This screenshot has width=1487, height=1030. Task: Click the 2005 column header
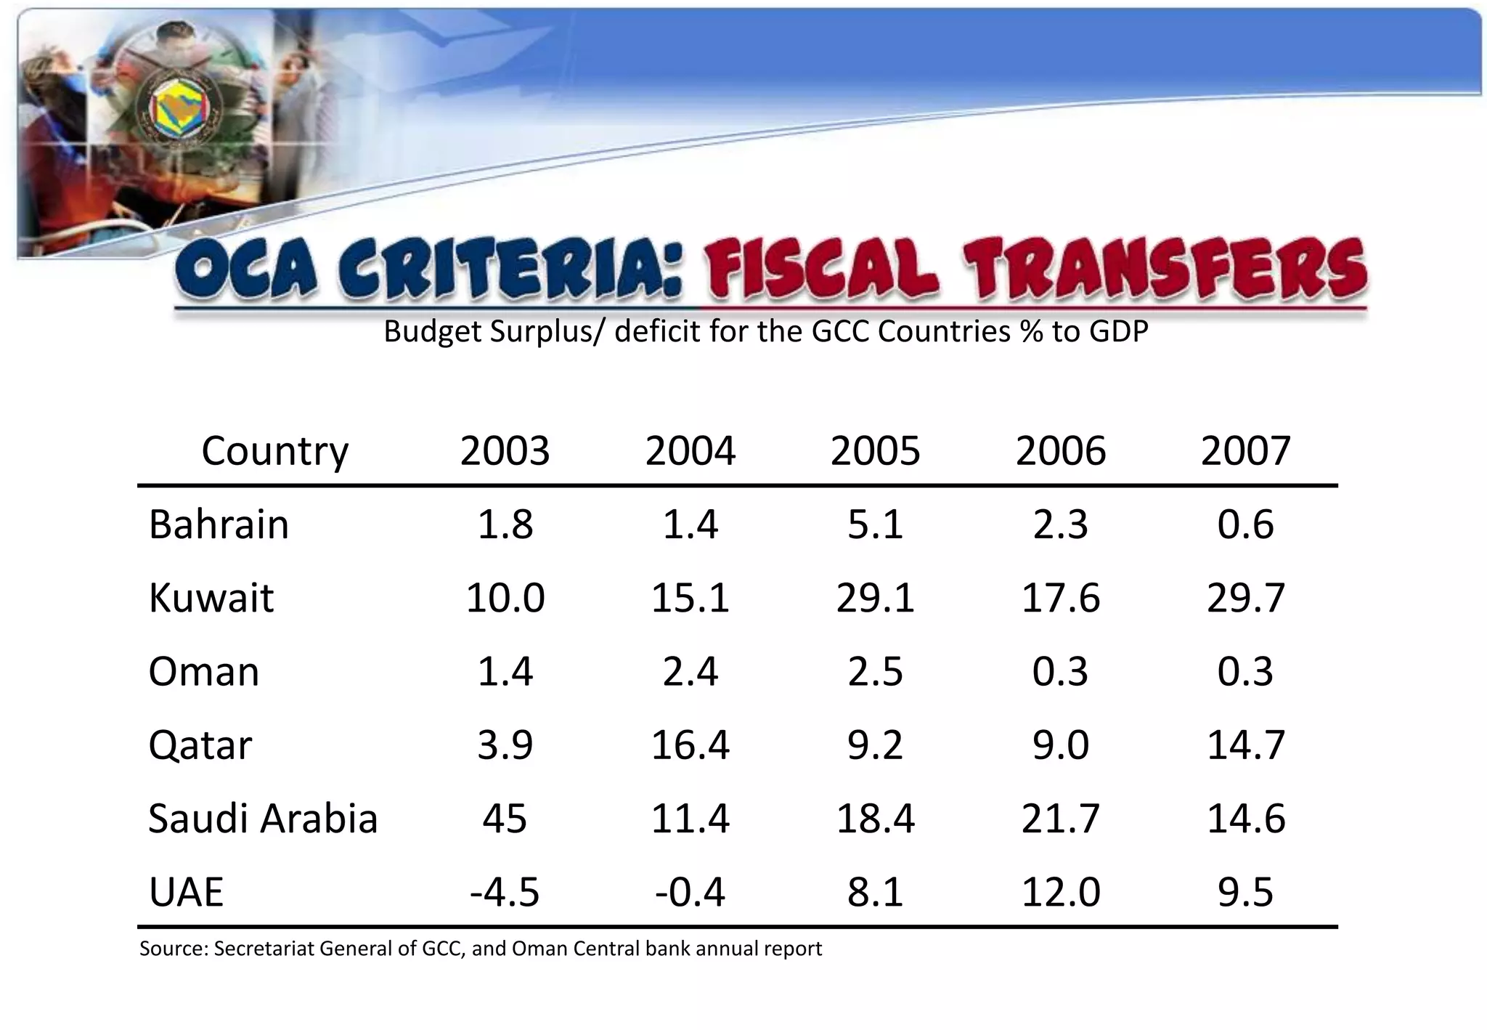[x=875, y=450]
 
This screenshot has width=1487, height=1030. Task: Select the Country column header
[x=274, y=451]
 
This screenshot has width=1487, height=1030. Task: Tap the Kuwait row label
[x=211, y=598]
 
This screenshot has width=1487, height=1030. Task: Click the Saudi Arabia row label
[x=263, y=818]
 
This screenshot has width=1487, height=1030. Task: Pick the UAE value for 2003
[x=505, y=891]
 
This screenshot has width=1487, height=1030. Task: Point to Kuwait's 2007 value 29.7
[x=1245, y=598]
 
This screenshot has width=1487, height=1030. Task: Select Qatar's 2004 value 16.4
[x=690, y=745]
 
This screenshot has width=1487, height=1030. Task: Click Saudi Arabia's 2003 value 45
[x=505, y=818]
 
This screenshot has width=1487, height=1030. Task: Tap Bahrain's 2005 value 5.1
[x=875, y=524]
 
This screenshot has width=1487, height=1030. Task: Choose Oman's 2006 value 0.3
[x=1060, y=671]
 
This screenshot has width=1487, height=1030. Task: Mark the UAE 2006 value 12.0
[x=1060, y=891]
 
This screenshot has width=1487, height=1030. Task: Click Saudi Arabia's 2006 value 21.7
[x=1060, y=818]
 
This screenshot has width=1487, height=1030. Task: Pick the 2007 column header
[x=1245, y=450]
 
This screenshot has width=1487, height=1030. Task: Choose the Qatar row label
[x=200, y=745]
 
